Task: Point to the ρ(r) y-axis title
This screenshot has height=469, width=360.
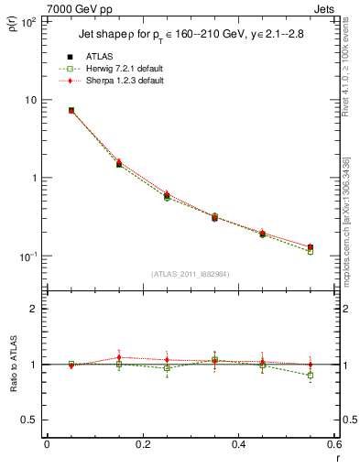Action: coord(13,30)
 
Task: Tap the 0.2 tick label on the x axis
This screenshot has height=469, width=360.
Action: coord(143,445)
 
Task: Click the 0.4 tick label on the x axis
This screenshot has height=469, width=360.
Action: coord(238,445)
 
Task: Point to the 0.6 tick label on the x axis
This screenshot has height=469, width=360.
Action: coord(333,445)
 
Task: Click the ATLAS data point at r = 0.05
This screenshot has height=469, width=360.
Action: coord(71,110)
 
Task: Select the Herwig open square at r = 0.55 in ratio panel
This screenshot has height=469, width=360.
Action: coord(311,376)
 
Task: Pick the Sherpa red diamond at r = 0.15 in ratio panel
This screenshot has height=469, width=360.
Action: coord(119,357)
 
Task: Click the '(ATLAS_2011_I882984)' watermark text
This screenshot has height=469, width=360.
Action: coord(190,274)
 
